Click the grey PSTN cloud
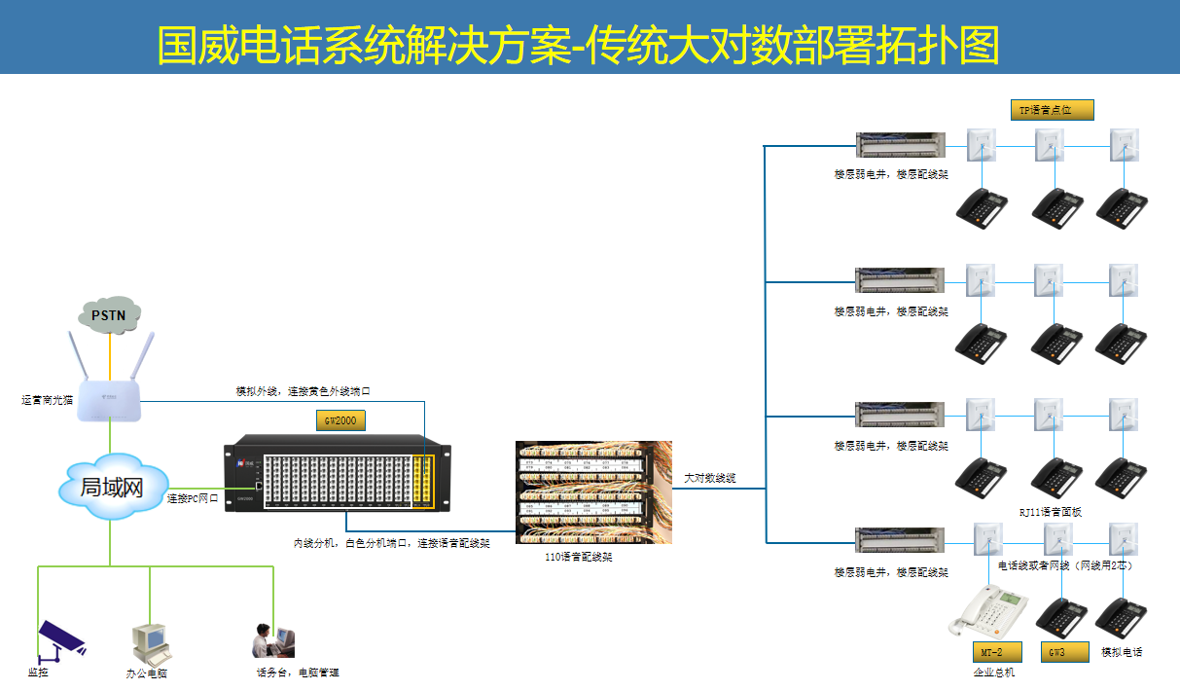tap(110, 314)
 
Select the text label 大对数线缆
tap(709, 478)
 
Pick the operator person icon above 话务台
tap(270, 639)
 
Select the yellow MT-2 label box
tap(996, 652)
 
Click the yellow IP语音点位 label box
tap(1052, 110)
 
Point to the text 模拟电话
tap(1121, 652)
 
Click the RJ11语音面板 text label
tap(1050, 512)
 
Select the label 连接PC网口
tap(193, 498)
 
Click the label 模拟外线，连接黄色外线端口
tap(303, 390)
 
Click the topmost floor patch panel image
tap(900, 145)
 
